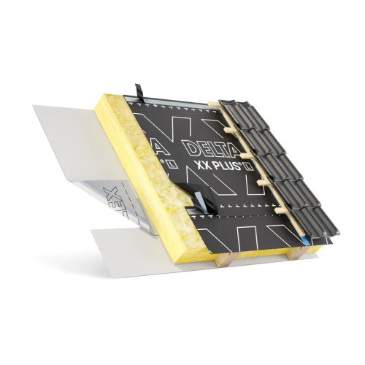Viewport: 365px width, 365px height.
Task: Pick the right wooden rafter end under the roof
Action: click(x=296, y=253)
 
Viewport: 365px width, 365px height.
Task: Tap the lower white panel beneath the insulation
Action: click(x=131, y=248)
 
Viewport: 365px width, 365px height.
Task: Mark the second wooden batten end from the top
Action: click(x=232, y=132)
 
